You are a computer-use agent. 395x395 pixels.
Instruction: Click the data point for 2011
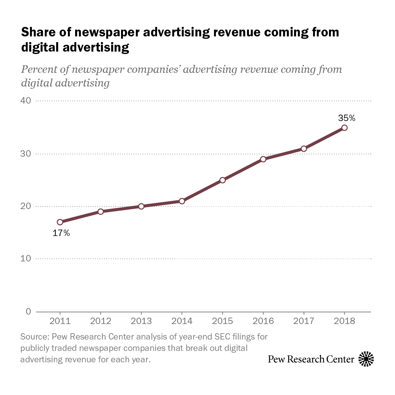[60, 222]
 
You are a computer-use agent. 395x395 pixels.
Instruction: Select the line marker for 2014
[182, 201]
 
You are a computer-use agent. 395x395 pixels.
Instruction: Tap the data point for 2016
[263, 159]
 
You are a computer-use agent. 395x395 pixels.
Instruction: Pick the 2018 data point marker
[344, 127]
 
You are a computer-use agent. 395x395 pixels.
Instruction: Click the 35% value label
[346, 118]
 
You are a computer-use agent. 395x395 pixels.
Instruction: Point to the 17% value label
[61, 233]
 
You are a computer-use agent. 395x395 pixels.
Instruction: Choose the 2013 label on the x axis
[141, 321]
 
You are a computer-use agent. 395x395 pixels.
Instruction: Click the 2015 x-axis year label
[222, 321]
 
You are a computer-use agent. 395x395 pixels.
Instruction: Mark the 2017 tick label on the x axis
[304, 321]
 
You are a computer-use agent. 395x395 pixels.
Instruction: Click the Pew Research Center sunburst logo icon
[366, 359]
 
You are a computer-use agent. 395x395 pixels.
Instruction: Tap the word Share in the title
[37, 32]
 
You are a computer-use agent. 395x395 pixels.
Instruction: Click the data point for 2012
[101, 211]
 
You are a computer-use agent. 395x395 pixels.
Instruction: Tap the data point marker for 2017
[304, 148]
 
